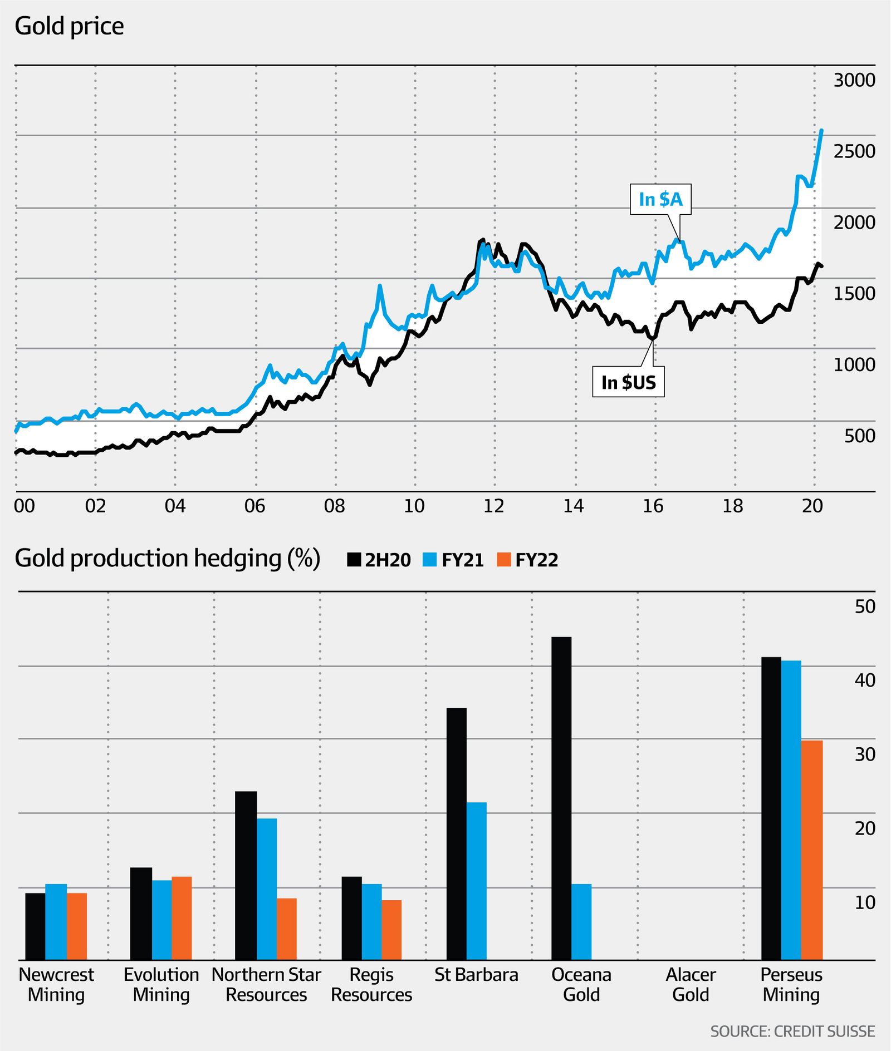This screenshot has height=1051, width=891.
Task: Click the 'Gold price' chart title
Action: coord(69,26)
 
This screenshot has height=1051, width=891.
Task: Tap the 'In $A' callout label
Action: coord(660,199)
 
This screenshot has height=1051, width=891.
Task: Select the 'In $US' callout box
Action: coord(628,382)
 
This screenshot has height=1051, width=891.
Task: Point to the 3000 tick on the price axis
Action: coord(854,80)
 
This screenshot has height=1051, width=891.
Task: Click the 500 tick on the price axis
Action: coord(859,436)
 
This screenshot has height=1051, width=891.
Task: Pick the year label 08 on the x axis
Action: coord(334,506)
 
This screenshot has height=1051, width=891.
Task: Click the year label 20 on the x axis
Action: coord(812,506)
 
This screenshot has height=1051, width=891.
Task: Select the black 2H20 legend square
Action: coord(354,560)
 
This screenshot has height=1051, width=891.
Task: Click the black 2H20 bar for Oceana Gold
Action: coord(561,798)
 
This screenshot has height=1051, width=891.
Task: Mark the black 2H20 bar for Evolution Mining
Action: coord(141,914)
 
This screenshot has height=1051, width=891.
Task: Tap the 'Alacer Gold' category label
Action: coord(691,984)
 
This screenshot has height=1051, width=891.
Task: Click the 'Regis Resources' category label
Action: coord(371,984)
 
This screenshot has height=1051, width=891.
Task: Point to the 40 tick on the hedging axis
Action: coord(864,680)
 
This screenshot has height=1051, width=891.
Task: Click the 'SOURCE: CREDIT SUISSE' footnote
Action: coord(792,1031)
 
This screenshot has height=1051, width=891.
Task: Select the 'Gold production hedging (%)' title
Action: coord(167,559)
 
